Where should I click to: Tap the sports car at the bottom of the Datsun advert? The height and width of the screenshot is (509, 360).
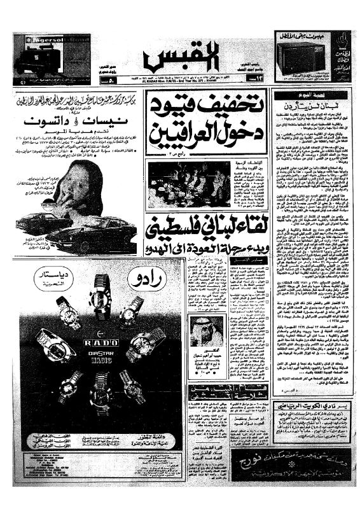click(x=95, y=239)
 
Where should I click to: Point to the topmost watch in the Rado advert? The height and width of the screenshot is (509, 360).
click(x=100, y=293)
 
